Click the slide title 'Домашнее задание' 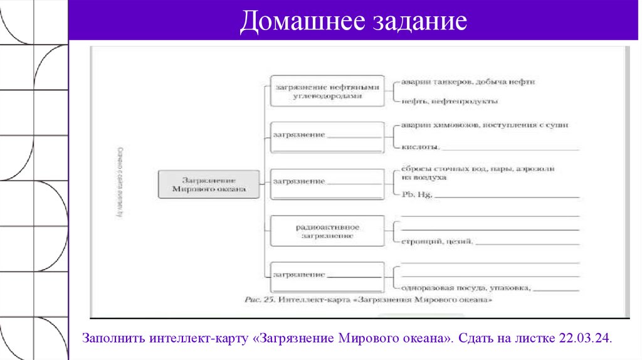coord(353,22)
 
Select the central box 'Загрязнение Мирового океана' coord(208,183)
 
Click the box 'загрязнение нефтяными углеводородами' coord(327,92)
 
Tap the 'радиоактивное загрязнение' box coord(327,231)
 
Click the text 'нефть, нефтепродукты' coord(450,101)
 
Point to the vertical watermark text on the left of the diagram coord(118,182)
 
